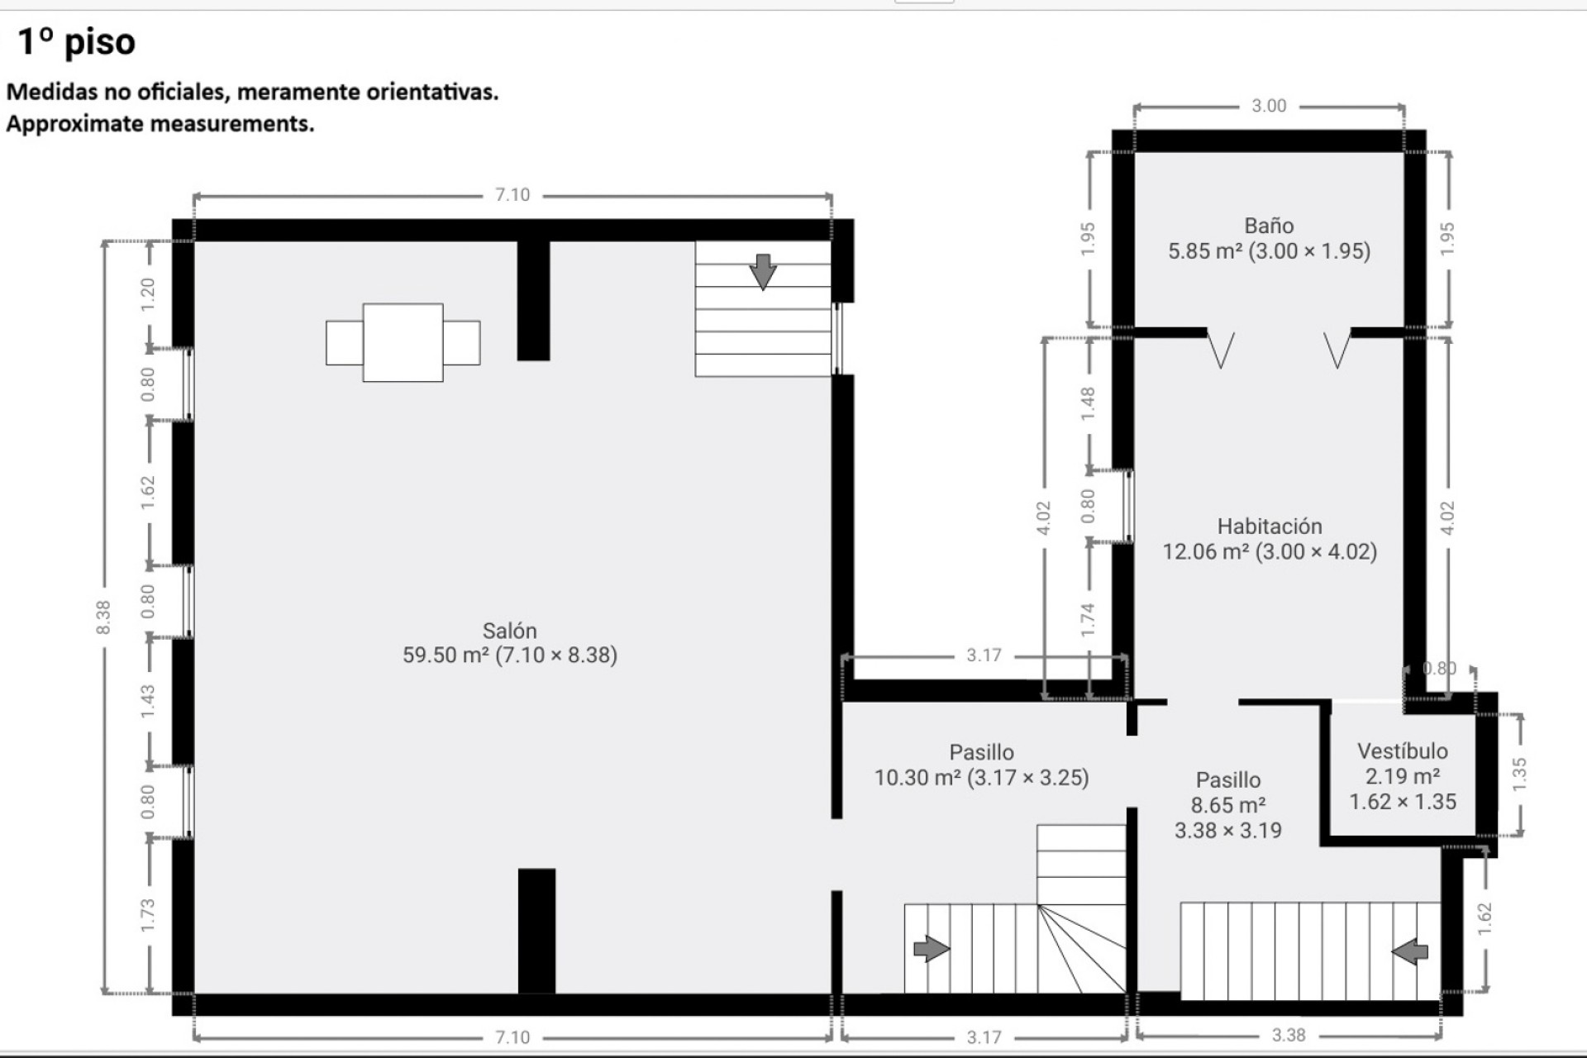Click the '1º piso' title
point(76,41)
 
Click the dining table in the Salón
point(403,342)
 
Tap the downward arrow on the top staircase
point(762,271)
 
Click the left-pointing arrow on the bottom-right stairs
point(1410,951)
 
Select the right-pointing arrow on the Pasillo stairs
point(931,948)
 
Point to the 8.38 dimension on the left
point(102,617)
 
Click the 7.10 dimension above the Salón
point(512,195)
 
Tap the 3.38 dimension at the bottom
point(1288,1035)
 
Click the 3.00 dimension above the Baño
point(1269,106)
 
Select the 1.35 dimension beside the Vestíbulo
point(1519,774)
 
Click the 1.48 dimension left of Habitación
point(1088,403)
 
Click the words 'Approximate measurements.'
point(160,124)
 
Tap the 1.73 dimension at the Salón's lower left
point(148,916)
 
